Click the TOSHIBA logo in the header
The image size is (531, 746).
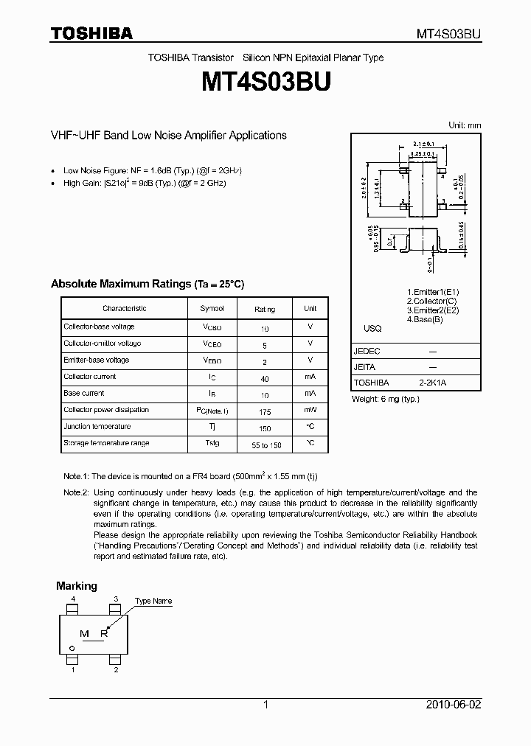(91, 33)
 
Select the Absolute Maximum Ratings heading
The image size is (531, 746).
(147, 284)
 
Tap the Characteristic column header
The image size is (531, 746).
(124, 309)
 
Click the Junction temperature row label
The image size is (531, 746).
(97, 427)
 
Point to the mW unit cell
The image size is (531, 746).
(310, 411)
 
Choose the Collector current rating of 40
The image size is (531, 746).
(265, 377)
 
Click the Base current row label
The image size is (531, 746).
(84, 394)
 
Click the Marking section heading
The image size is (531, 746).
(77, 586)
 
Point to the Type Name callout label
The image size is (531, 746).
(153, 602)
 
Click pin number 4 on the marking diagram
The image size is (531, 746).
(73, 600)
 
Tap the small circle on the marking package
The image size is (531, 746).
(72, 648)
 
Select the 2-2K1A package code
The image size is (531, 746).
(433, 383)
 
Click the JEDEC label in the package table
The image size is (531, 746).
(367, 352)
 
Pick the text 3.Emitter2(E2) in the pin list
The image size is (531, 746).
(432, 310)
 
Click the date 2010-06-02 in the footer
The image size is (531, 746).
(455, 705)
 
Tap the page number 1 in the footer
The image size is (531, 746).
(265, 705)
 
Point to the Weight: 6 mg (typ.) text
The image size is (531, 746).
(386, 399)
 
